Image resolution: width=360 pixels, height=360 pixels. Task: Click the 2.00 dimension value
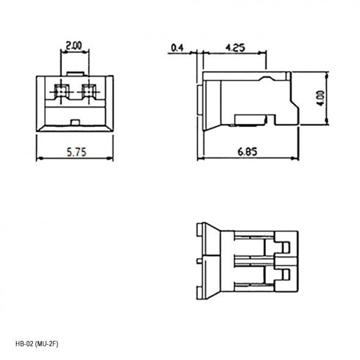74,45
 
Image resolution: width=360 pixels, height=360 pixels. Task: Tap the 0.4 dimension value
178,46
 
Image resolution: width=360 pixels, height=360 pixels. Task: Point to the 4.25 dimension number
235,46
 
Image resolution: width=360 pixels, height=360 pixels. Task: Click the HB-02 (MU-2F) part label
37,344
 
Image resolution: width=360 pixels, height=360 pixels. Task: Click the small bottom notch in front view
75,122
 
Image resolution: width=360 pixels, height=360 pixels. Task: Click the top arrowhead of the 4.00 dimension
328,75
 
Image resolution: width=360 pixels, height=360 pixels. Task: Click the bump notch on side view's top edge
266,78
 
